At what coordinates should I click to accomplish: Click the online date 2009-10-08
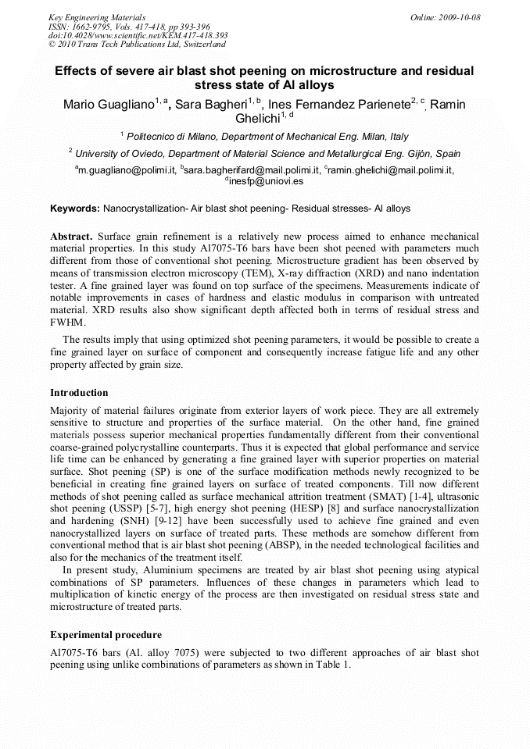click(x=460, y=17)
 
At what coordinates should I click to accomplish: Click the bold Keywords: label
click(x=75, y=209)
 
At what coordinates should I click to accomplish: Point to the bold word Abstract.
click(x=72, y=236)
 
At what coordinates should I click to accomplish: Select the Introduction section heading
click(x=79, y=393)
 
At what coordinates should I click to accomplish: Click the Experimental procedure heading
click(x=106, y=635)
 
